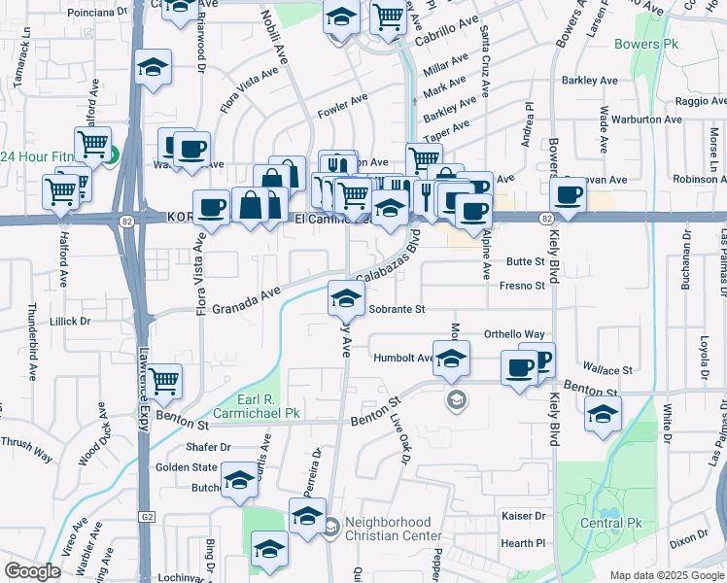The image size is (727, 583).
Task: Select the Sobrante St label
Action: [397, 309]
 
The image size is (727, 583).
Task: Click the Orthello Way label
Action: [514, 333]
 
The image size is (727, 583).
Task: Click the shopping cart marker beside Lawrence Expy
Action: [164, 380]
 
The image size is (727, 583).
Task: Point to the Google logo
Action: [32, 570]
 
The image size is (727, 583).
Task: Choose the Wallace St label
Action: [606, 370]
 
